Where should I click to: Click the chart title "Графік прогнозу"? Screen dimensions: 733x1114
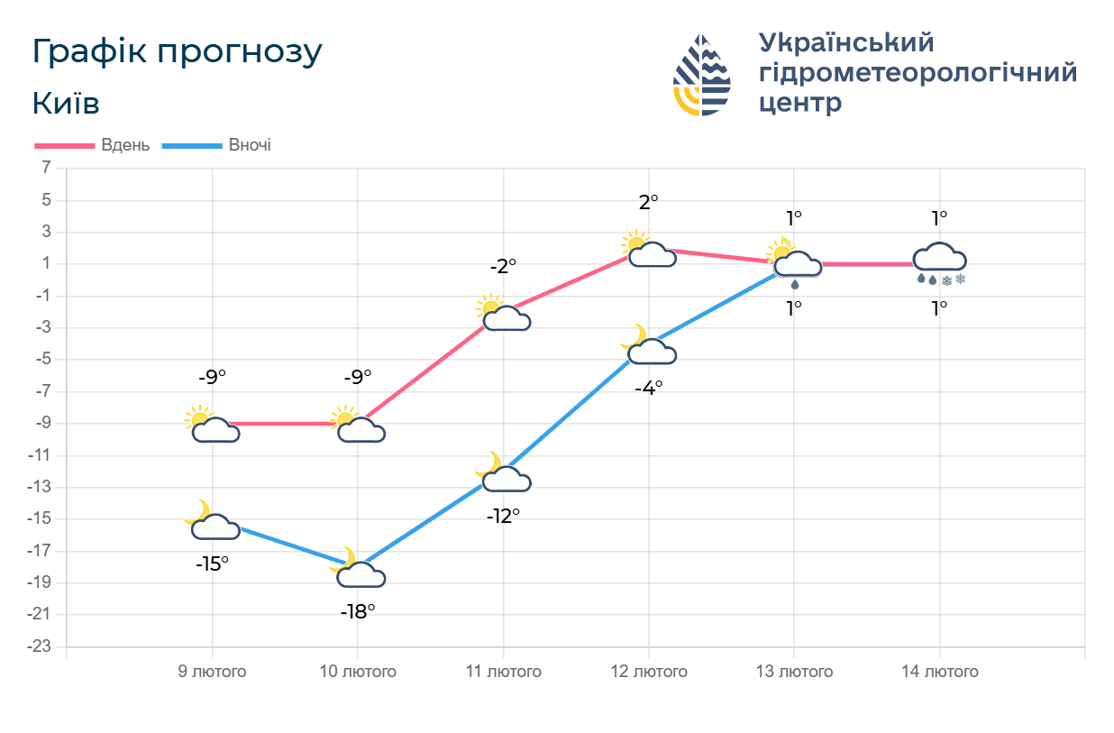[177, 52]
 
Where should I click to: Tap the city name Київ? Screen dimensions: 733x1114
[66, 104]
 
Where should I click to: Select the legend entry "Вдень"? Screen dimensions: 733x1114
[125, 145]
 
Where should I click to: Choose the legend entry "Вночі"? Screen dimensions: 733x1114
[250, 145]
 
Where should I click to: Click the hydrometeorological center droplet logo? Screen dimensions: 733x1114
[702, 75]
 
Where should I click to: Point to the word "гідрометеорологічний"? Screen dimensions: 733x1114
[918, 72]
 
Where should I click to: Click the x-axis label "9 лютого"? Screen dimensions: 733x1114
[212, 672]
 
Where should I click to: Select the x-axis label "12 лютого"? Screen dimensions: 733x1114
[649, 672]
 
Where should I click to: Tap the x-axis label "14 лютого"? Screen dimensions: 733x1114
[940, 672]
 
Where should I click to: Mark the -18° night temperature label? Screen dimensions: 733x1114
[358, 611]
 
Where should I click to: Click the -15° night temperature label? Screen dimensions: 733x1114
[213, 564]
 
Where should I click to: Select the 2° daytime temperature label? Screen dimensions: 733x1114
[649, 202]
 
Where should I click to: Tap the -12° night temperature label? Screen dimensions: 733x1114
[504, 517]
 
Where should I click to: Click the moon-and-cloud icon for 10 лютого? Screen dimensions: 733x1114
[358, 571]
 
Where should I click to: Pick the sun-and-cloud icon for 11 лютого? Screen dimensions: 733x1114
[503, 313]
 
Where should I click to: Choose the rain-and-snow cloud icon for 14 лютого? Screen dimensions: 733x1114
[940, 262]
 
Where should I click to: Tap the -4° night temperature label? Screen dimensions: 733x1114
[649, 387]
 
